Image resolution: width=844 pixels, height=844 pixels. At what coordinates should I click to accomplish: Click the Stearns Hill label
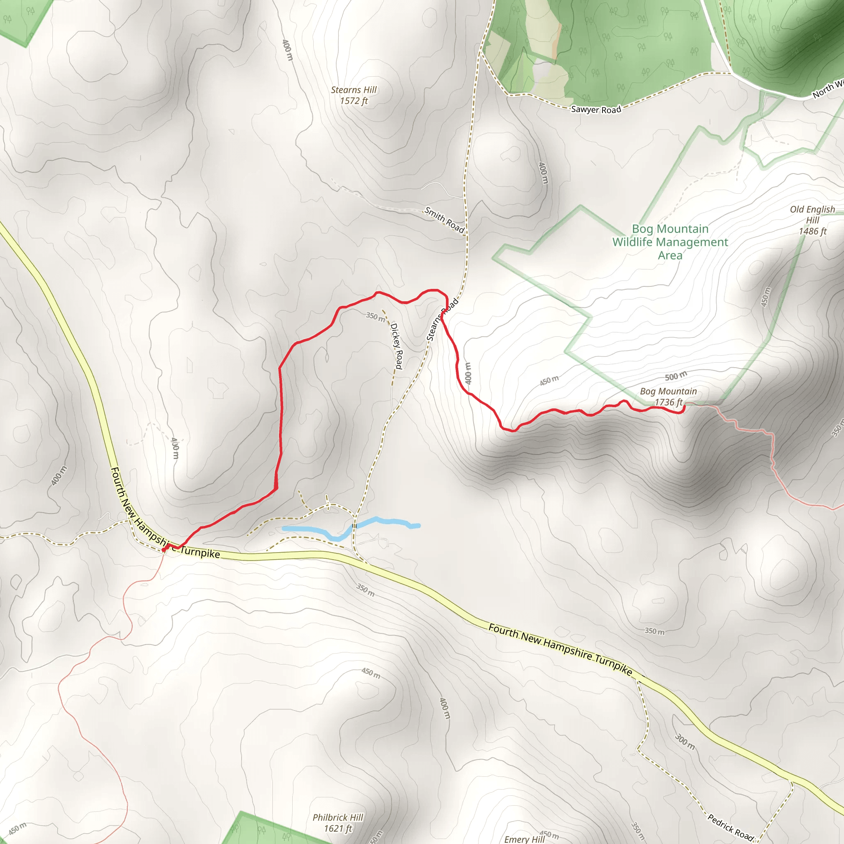click(x=354, y=90)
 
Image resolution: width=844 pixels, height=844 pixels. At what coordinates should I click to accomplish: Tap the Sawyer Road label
click(x=596, y=110)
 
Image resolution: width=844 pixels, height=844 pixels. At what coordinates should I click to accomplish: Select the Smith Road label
click(x=444, y=220)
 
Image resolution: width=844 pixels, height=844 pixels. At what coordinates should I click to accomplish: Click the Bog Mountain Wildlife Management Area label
click(x=670, y=242)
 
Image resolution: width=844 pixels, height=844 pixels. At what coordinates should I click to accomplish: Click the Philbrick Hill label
click(x=338, y=817)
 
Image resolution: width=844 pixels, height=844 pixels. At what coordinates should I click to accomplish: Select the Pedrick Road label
click(x=731, y=828)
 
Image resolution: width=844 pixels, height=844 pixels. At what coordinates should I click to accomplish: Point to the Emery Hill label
click(x=524, y=839)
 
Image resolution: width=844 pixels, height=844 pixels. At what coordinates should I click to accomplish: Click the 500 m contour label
click(x=676, y=376)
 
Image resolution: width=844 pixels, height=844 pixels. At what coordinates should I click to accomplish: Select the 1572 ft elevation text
click(x=354, y=101)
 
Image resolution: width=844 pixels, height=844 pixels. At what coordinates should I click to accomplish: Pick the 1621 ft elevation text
click(x=338, y=828)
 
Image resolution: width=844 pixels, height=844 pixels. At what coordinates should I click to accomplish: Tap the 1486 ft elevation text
click(x=813, y=232)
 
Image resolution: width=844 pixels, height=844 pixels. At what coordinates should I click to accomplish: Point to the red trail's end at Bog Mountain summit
click(x=683, y=407)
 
